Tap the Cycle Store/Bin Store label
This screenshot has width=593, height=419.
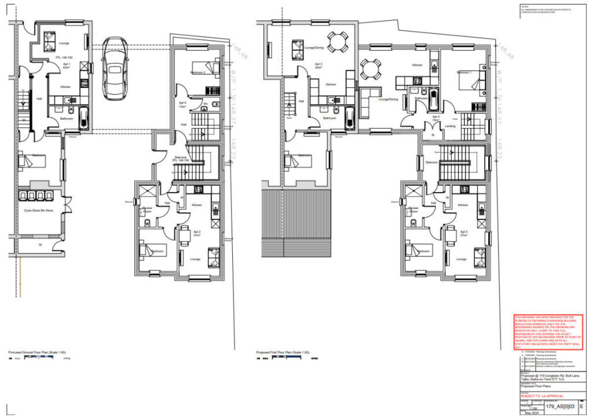click(38, 211)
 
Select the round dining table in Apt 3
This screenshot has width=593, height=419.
click(338, 41)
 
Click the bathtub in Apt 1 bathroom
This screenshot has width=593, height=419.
click(84, 117)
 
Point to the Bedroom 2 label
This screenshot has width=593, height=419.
click(199, 72)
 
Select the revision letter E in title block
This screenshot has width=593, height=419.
click(581, 406)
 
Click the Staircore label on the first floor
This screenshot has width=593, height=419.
click(431, 163)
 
